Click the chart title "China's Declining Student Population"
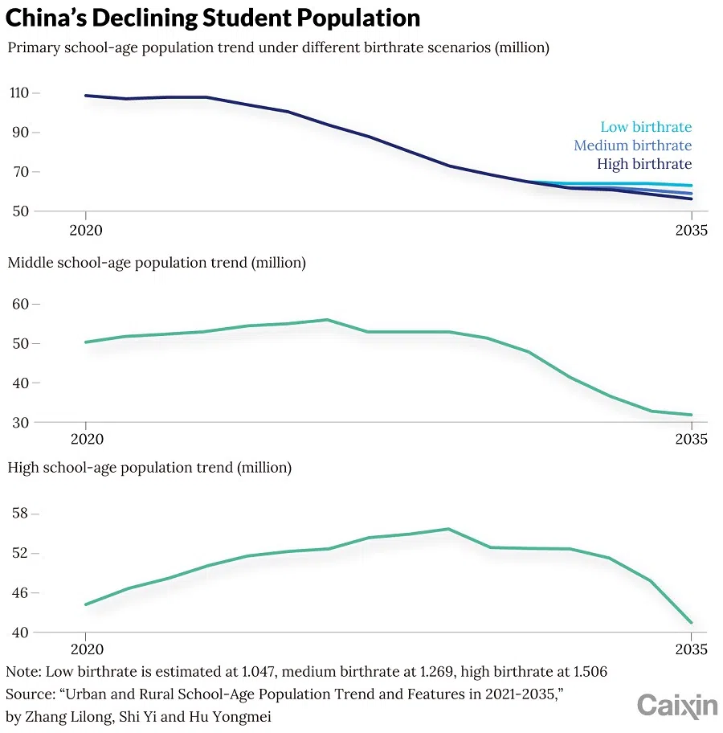coord(213,18)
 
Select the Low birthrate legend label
coord(645,127)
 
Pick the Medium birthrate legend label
coord(632,145)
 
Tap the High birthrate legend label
coord(643,164)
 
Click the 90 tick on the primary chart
coord(21,132)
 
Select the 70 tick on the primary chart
coord(21,172)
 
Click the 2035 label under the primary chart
coord(691,230)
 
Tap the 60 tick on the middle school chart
coord(21,305)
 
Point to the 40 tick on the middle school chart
coord(21,383)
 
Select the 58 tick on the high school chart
coord(21,514)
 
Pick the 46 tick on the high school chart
coord(21,593)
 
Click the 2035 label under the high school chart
coord(691,649)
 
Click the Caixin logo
coord(676,706)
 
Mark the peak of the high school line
coord(448,529)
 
